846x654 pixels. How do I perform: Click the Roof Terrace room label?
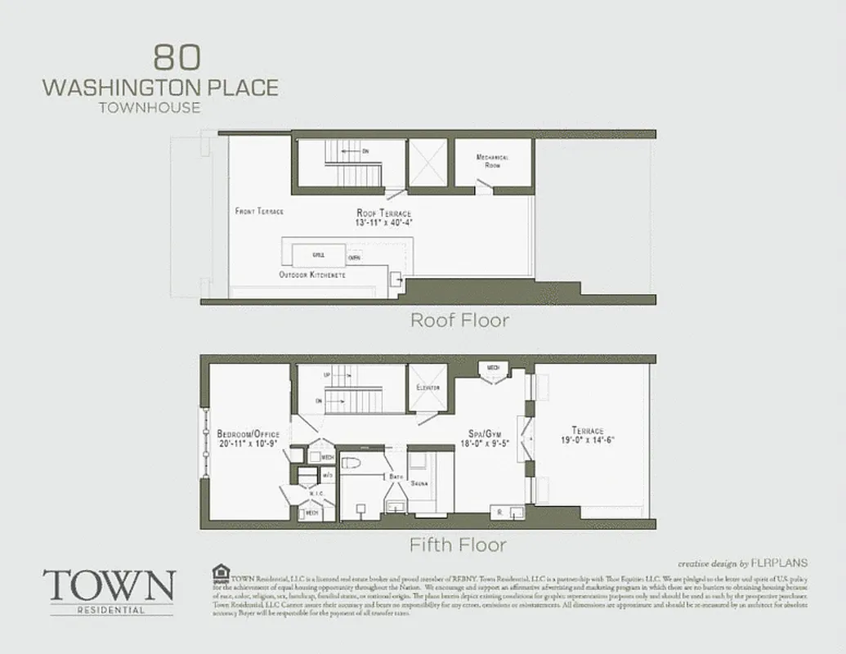(384, 213)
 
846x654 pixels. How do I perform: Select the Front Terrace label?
(259, 211)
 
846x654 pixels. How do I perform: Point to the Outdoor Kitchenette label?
(312, 275)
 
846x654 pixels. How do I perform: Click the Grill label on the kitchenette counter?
(319, 255)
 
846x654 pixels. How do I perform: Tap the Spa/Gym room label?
(472, 435)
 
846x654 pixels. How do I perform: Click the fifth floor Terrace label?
(588, 431)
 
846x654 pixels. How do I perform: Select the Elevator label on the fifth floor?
(428, 387)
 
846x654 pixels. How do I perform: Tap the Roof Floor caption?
(459, 320)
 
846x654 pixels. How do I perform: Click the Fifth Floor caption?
(458, 544)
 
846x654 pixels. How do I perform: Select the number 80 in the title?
(174, 58)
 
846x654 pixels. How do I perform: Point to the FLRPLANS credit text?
(780, 562)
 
